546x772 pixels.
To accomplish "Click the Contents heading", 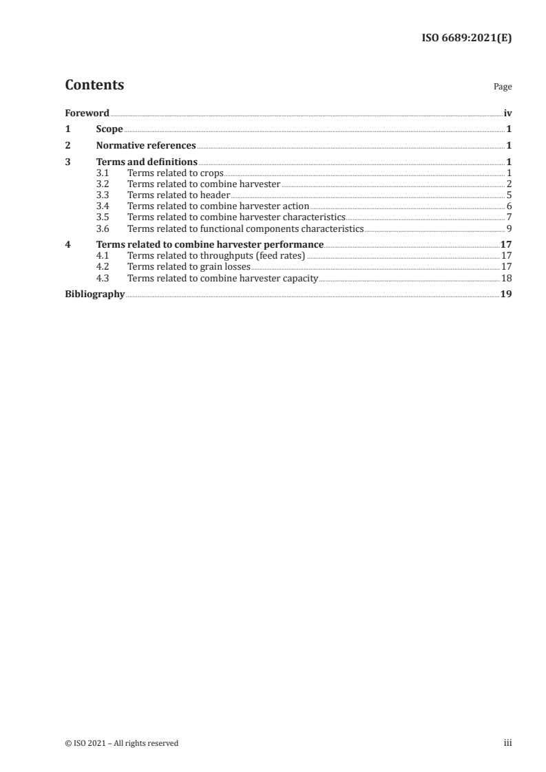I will (x=94, y=85).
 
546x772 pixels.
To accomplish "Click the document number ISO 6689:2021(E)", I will (x=466, y=39).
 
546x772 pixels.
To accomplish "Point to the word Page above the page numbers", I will (x=503, y=87).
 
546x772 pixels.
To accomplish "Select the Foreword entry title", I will (x=87, y=113).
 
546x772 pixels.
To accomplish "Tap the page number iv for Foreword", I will (x=507, y=113).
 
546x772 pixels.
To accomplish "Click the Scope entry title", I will (x=109, y=129).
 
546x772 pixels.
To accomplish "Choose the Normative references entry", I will (x=146, y=146).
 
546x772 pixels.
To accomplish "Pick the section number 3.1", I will (x=103, y=173).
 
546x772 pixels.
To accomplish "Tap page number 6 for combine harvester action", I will (x=509, y=206).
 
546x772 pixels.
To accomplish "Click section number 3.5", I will (x=103, y=217).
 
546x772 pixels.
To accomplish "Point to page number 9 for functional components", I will (x=509, y=228).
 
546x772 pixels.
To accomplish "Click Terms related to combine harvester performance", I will (x=210, y=244).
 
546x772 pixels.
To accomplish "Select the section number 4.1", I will (x=103, y=255).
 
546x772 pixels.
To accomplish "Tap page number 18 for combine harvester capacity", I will (x=506, y=277).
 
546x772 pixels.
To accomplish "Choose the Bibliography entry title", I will (x=94, y=294).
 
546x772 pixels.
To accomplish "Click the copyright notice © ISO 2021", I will (x=121, y=743).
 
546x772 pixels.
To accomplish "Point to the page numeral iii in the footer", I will (x=507, y=743).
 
